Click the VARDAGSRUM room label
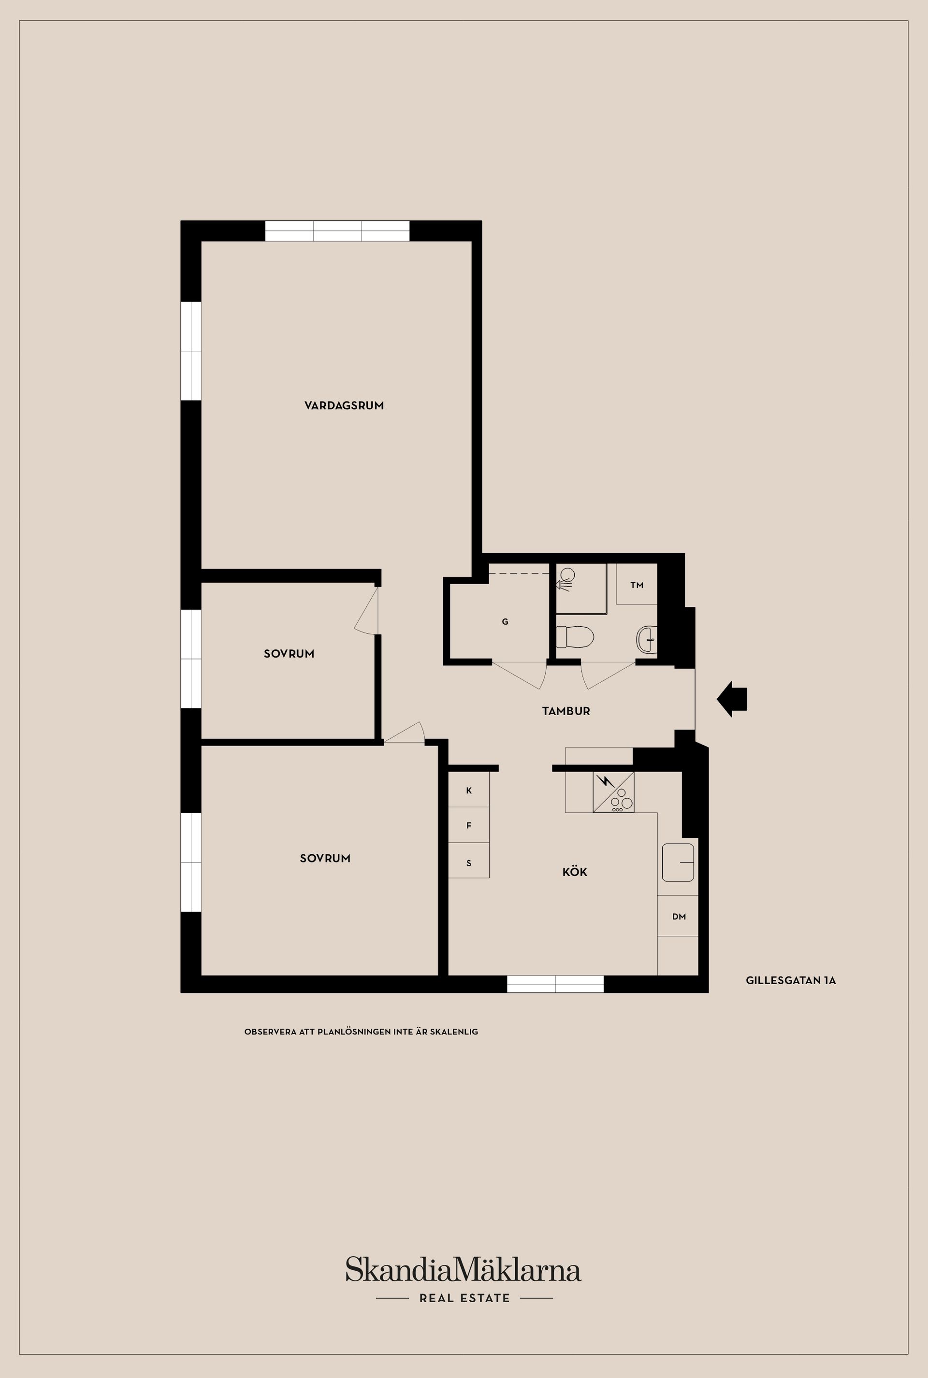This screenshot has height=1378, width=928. (344, 405)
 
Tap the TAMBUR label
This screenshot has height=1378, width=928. (566, 711)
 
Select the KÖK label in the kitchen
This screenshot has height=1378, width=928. (575, 872)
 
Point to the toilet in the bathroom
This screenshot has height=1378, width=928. (575, 637)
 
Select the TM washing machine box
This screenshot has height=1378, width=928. (637, 584)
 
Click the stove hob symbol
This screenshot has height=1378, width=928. (613, 791)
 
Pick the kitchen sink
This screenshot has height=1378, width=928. (678, 862)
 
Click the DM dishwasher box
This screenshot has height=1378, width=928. (678, 916)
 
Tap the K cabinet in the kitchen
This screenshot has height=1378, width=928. (469, 790)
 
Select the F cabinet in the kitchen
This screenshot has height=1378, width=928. (469, 825)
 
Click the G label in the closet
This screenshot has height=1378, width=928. (505, 621)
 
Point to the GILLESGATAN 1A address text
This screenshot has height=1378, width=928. (791, 980)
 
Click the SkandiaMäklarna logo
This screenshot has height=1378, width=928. (464, 1270)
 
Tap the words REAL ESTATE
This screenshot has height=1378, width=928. (464, 1298)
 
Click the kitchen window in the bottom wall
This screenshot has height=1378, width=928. (555, 984)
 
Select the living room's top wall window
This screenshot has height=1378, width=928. (337, 231)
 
